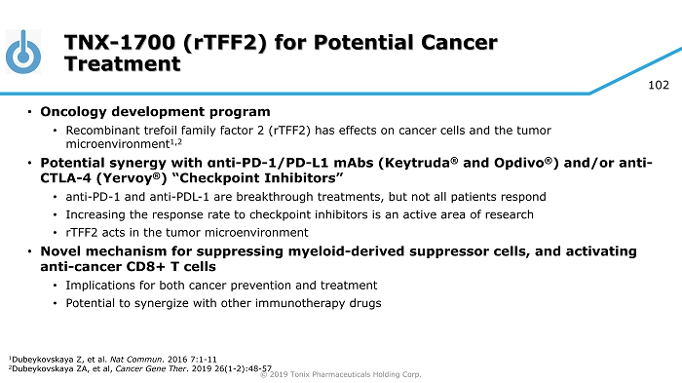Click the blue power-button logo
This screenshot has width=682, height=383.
[x=23, y=52]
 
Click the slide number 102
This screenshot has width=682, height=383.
[x=659, y=85]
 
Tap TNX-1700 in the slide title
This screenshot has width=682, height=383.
[x=120, y=43]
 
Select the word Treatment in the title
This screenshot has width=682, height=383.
[x=122, y=64]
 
